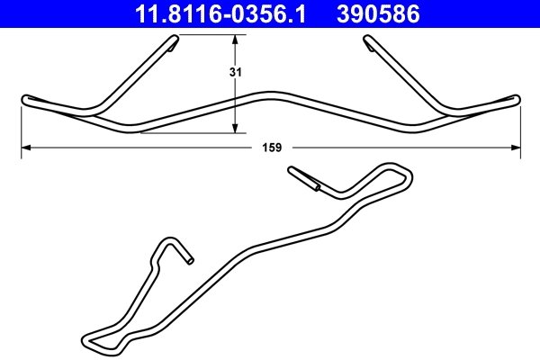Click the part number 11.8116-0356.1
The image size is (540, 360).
(220, 14)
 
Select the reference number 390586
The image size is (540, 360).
(378, 14)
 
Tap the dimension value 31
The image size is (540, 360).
(236, 72)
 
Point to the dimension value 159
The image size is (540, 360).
(272, 148)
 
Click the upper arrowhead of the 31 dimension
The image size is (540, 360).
(235, 40)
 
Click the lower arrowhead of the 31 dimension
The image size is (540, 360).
(235, 128)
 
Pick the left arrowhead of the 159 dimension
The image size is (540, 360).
(26, 148)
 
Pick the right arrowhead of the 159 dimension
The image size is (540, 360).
(516, 148)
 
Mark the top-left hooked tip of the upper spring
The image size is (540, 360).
(175, 40)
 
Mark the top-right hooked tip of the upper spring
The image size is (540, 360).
(367, 40)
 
